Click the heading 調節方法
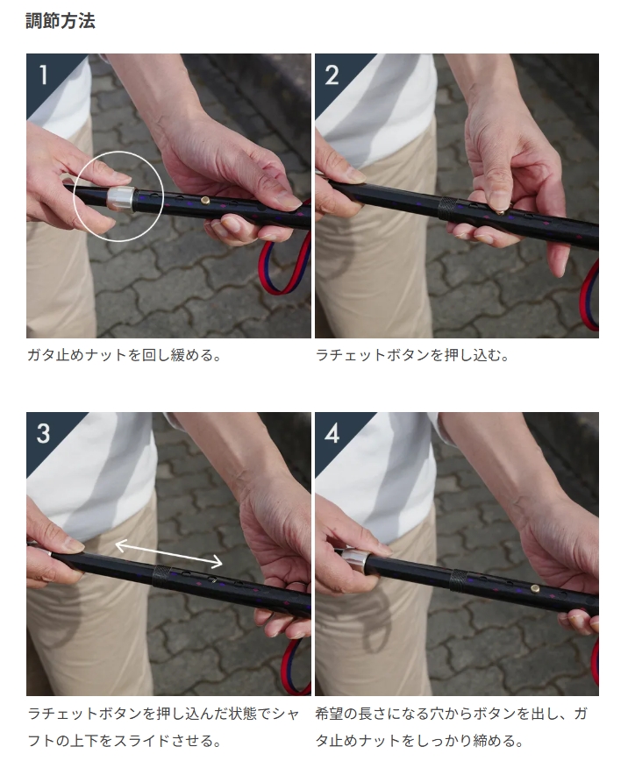pyautogui.click(x=61, y=21)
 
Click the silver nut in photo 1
pyautogui.click(x=120, y=198)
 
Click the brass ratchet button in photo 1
pyautogui.click(x=206, y=200)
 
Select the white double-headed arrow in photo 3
pyautogui.click(x=168, y=553)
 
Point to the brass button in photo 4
pyautogui.click(x=535, y=588)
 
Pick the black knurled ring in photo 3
pyautogui.click(x=161, y=576)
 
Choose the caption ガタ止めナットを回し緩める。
pyautogui.click(x=125, y=355)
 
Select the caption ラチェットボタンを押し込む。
pyautogui.click(x=412, y=355)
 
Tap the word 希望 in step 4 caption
pyautogui.click(x=330, y=713)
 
